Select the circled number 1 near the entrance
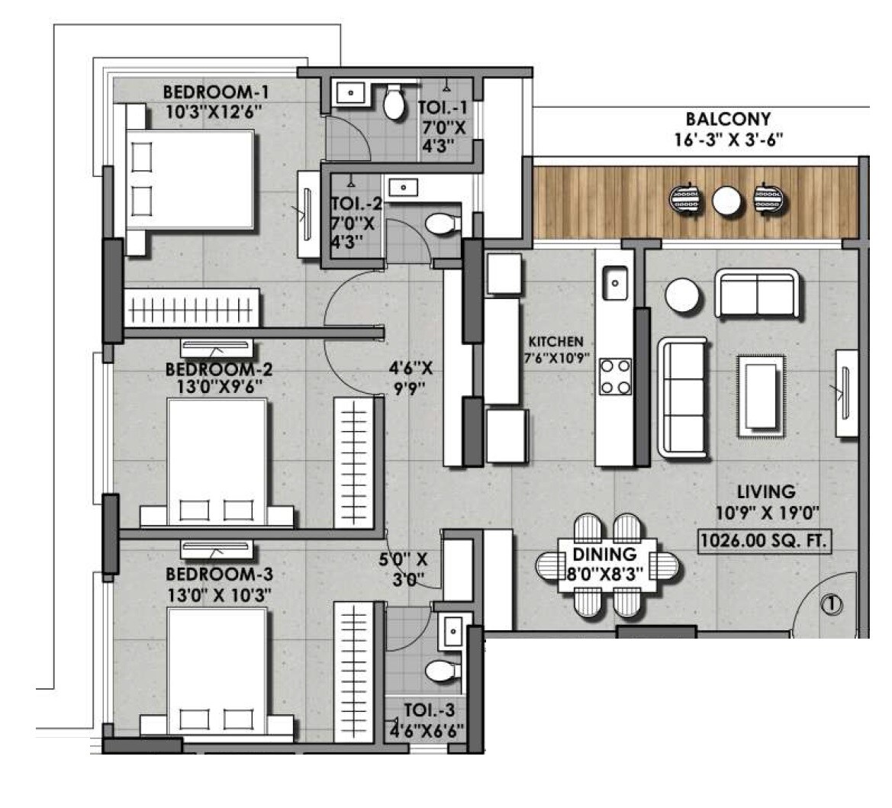coord(830,604)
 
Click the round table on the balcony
coord(726,201)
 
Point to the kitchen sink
coord(614,283)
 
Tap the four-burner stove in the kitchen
coord(615,376)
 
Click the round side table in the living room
coord(681,295)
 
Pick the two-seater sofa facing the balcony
coord(759,294)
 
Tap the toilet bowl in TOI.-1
coord(394,103)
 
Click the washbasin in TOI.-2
coord(402,187)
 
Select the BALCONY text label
coord(727,119)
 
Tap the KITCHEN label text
coord(555,343)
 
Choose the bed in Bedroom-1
coord(189,180)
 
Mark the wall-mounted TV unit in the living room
coord(845,393)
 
